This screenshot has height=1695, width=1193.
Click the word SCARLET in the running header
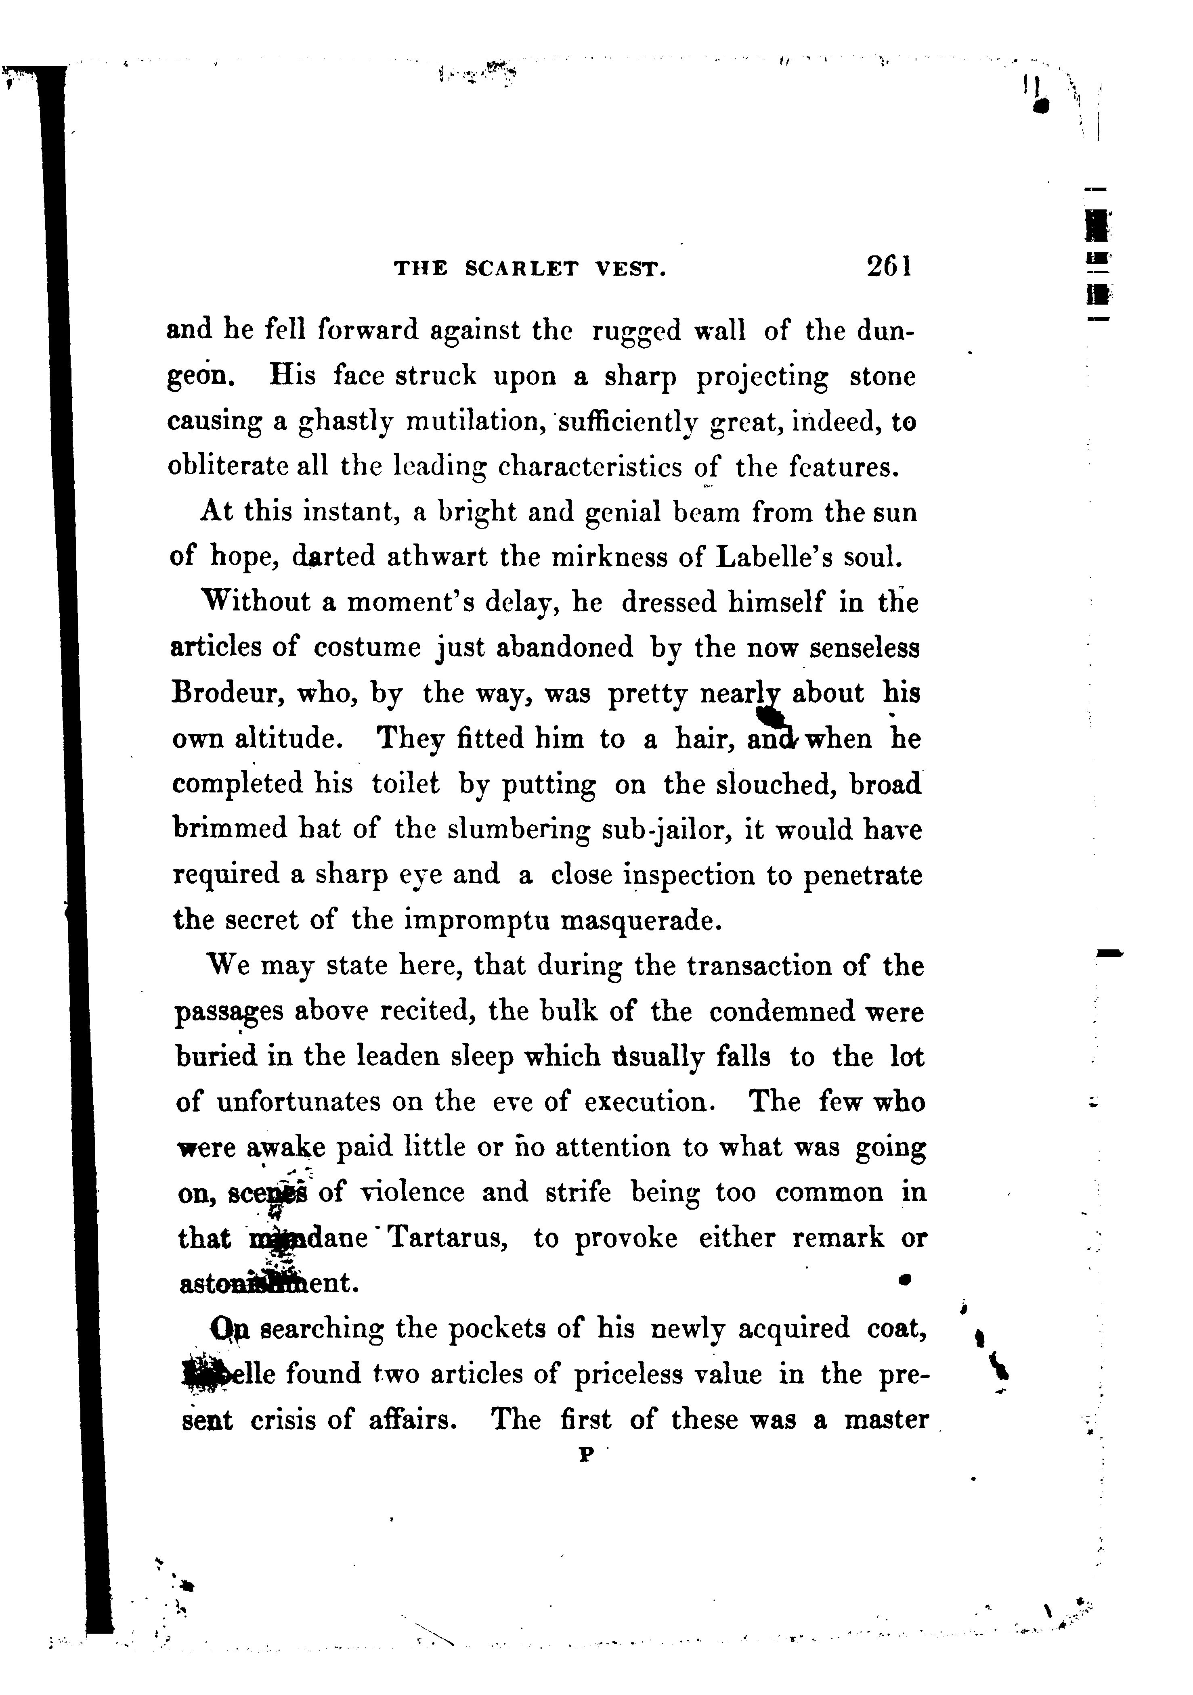point(522,269)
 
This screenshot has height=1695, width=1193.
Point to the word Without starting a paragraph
point(256,602)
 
